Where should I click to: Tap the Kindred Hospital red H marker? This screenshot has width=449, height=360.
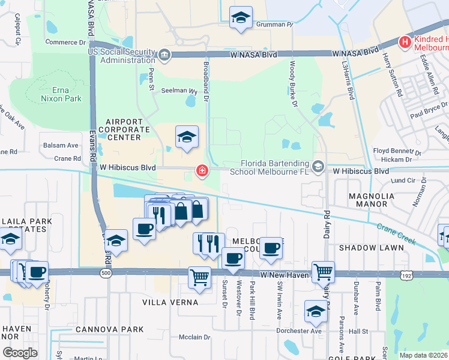pyautogui.click(x=405, y=43)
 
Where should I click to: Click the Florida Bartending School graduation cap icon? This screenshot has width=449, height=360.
pyautogui.click(x=317, y=166)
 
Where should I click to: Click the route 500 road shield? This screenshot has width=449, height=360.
pyautogui.click(x=106, y=273)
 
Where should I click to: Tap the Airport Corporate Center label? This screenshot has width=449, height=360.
pyautogui.click(x=128, y=129)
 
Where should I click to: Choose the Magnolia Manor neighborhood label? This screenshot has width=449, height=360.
pyautogui.click(x=367, y=200)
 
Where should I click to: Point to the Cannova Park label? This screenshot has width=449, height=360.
pyautogui.click(x=110, y=329)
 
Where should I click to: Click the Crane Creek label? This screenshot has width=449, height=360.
pyautogui.click(x=397, y=233)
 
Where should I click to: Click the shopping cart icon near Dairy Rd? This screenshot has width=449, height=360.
pyautogui.click(x=323, y=272)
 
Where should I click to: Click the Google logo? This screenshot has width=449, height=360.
pyautogui.click(x=20, y=352)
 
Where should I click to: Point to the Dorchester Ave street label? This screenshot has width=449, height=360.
pyautogui.click(x=300, y=331)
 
